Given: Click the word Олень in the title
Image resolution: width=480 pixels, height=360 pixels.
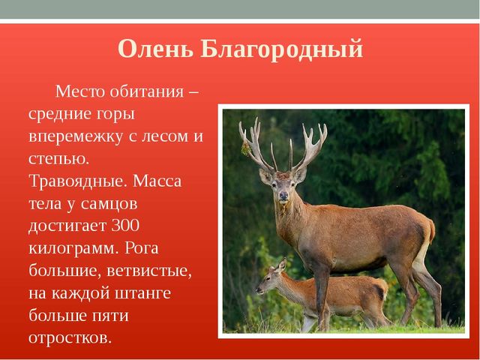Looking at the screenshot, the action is coord(155,48).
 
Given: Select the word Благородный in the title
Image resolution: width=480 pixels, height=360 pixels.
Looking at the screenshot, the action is coord(282,49).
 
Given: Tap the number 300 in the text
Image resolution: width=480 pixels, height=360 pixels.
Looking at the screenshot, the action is coord(125,226).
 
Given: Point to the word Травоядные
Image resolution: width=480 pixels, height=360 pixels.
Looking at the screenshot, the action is coord(78,181).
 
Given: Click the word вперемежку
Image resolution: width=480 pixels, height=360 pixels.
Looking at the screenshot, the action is coord(76,136).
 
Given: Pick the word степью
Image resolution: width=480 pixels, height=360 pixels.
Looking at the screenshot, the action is coord(58,159).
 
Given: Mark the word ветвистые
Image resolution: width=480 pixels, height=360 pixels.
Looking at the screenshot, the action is coord(149,271).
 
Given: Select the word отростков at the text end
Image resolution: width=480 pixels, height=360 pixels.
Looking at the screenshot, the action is coord(70,338).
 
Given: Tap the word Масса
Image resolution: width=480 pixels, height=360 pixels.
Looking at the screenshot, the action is coord(157,181).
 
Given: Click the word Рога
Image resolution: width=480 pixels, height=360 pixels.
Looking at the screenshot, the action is coord(142,249).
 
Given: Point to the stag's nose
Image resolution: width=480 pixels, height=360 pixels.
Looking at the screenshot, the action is coord(283,195).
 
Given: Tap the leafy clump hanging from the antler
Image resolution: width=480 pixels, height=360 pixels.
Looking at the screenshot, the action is coord(245,149).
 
